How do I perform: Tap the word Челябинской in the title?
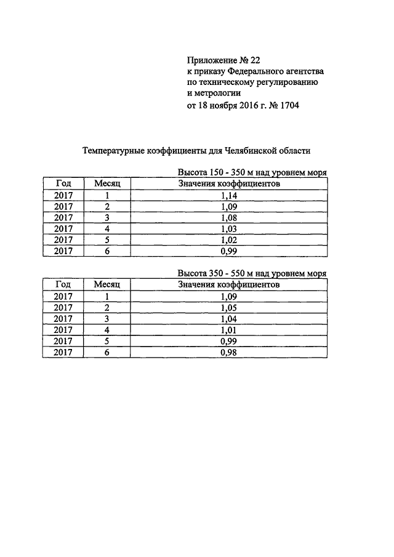(x=251, y=150)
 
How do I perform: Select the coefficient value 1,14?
(x=228, y=196)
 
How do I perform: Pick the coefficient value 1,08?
(x=228, y=218)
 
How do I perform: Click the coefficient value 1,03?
(x=228, y=229)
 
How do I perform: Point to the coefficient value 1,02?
(x=228, y=240)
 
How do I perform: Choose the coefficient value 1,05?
(x=228, y=308)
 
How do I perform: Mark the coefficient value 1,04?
(x=228, y=319)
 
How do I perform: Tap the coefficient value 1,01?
(x=228, y=330)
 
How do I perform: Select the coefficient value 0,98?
(x=228, y=352)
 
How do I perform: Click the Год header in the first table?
(x=63, y=183)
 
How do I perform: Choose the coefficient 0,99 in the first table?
(x=228, y=251)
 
